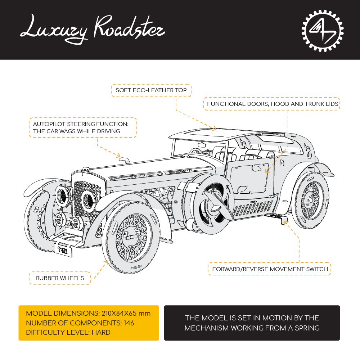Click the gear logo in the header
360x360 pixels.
point(322,30)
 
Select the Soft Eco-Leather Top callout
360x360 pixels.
point(151,90)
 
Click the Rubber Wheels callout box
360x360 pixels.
point(60,278)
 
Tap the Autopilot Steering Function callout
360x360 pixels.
point(83,127)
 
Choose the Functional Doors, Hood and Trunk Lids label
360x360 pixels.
point(273,104)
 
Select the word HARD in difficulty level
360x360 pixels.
point(101,332)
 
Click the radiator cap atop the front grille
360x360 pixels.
point(86,168)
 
